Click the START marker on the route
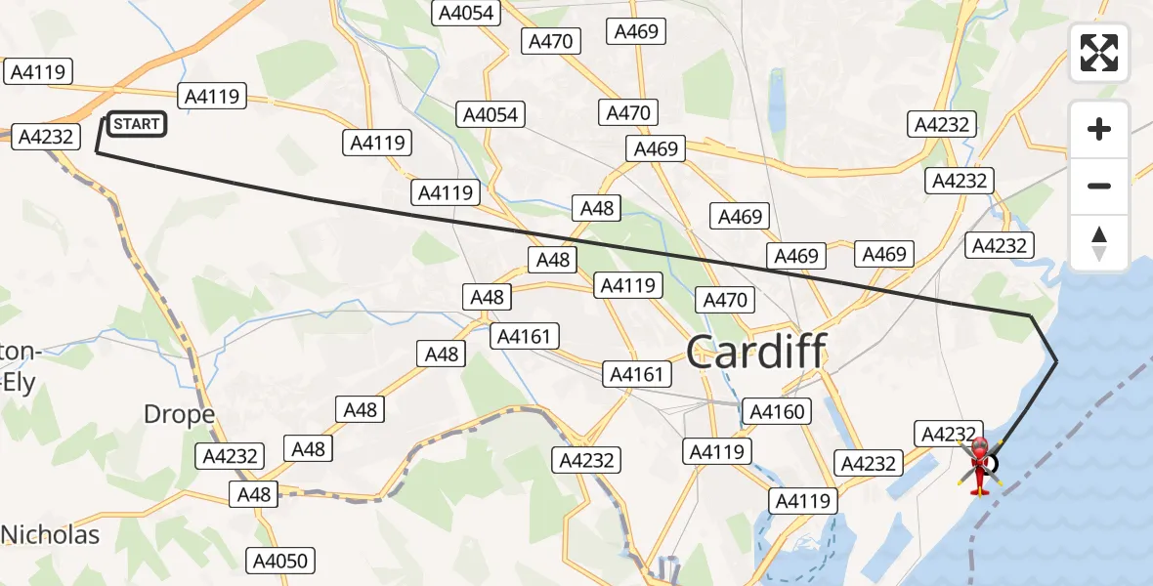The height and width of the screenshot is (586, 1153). (136, 124)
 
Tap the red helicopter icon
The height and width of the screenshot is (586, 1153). (979, 466)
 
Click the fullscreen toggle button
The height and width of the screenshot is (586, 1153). (1099, 53)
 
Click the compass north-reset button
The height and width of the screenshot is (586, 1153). (1099, 243)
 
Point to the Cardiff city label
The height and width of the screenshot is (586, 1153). (756, 352)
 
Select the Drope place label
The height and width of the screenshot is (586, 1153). (179, 414)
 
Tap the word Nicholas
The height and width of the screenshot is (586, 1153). (51, 534)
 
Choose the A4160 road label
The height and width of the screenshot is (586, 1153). (778, 412)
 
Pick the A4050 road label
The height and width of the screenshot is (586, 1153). (279, 561)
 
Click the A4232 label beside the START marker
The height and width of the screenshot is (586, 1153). (46, 137)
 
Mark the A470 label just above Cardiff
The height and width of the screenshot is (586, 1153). (725, 300)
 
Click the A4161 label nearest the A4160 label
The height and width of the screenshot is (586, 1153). (636, 374)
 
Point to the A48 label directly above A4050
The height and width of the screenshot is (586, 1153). (254, 494)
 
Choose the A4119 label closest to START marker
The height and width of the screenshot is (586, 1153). (212, 97)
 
